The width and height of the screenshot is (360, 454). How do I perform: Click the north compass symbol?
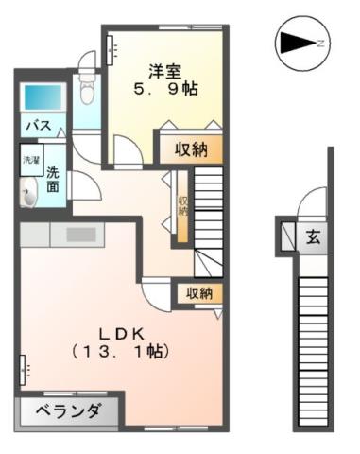[301, 43]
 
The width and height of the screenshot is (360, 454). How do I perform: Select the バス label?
[37, 126]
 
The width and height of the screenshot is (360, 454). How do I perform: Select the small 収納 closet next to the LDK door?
[199, 294]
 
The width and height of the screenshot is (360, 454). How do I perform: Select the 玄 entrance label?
[311, 238]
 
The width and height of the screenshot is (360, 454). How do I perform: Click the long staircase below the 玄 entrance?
[312, 350]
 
